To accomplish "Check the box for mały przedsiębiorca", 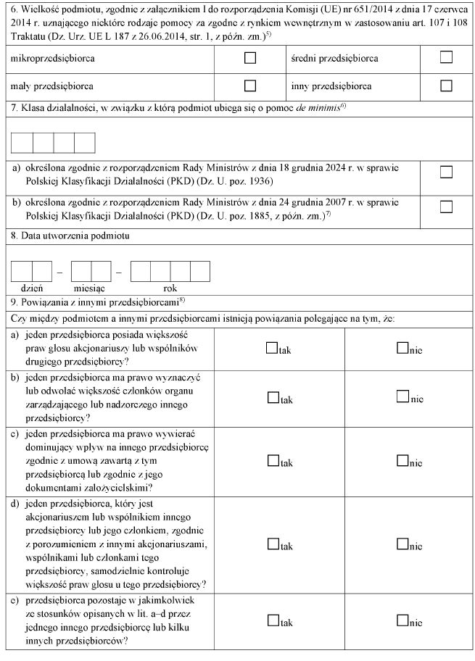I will coord(250,86).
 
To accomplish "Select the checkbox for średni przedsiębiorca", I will coord(446,57).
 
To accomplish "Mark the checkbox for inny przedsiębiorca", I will coord(446,86).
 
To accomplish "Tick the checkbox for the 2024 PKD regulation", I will coord(446,172).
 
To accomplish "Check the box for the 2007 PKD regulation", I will coord(446,207).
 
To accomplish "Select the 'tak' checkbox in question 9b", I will coord(273,398).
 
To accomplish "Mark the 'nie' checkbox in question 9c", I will coord(402,461).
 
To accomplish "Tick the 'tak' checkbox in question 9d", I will coord(273,545).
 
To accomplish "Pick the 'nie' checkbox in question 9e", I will coord(402,620).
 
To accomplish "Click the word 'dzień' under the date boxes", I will coord(32,288).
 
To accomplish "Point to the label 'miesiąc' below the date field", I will coord(91,288).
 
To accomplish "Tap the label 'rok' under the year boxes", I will coord(170,288).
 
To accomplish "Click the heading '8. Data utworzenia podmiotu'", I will coord(70,236).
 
